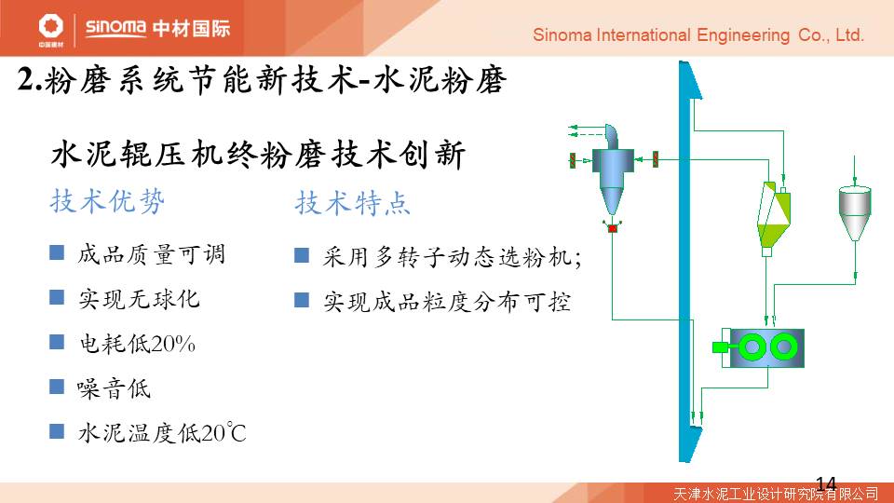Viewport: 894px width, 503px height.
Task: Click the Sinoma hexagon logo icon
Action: (x=50, y=26)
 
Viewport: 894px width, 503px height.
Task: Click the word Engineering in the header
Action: (x=743, y=35)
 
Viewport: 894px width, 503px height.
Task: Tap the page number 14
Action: (x=826, y=484)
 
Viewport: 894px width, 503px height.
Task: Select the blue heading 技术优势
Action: (x=108, y=201)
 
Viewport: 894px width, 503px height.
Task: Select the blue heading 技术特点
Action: (x=353, y=202)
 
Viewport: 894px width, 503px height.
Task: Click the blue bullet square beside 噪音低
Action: (x=57, y=387)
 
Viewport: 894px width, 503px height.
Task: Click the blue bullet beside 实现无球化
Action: (x=57, y=297)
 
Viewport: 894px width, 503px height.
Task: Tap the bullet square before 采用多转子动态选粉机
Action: (x=302, y=255)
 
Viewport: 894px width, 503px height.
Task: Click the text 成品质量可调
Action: (x=152, y=254)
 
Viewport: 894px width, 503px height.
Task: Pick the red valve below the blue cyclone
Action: (x=613, y=229)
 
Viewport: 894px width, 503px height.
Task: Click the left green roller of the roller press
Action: (x=752, y=347)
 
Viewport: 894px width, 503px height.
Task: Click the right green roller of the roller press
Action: (x=783, y=347)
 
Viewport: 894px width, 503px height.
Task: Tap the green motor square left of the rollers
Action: (x=721, y=347)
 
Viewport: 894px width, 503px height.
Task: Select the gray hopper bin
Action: (x=854, y=212)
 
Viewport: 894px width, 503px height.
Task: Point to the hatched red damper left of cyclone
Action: (x=572, y=160)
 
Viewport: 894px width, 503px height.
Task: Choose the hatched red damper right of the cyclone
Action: (x=656, y=159)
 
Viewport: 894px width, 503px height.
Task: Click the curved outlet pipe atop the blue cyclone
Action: (x=612, y=136)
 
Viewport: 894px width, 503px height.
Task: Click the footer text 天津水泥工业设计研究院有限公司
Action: (x=776, y=494)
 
